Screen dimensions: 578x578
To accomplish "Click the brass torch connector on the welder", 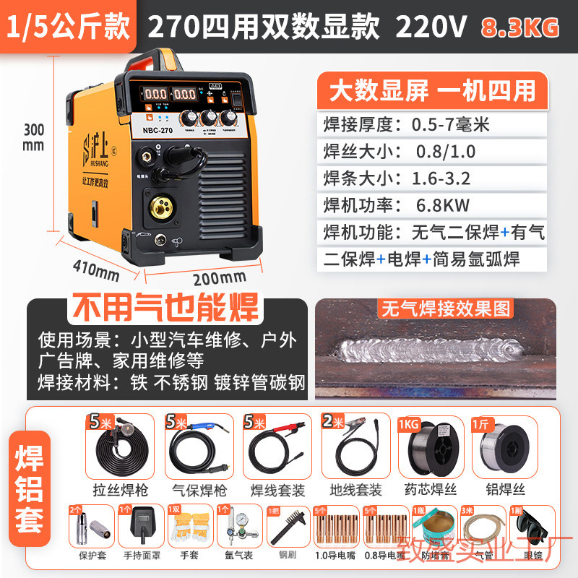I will pyautogui.click(x=162, y=210).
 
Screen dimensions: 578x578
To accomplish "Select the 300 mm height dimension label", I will pyautogui.click(x=33, y=137).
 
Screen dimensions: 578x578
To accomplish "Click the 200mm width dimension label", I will pyautogui.click(x=219, y=277).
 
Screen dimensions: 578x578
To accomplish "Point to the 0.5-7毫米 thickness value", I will pyautogui.click(x=450, y=124).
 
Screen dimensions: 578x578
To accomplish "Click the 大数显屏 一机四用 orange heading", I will pyautogui.click(x=432, y=91).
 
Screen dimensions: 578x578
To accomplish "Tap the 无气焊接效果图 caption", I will pyautogui.click(x=445, y=309).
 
